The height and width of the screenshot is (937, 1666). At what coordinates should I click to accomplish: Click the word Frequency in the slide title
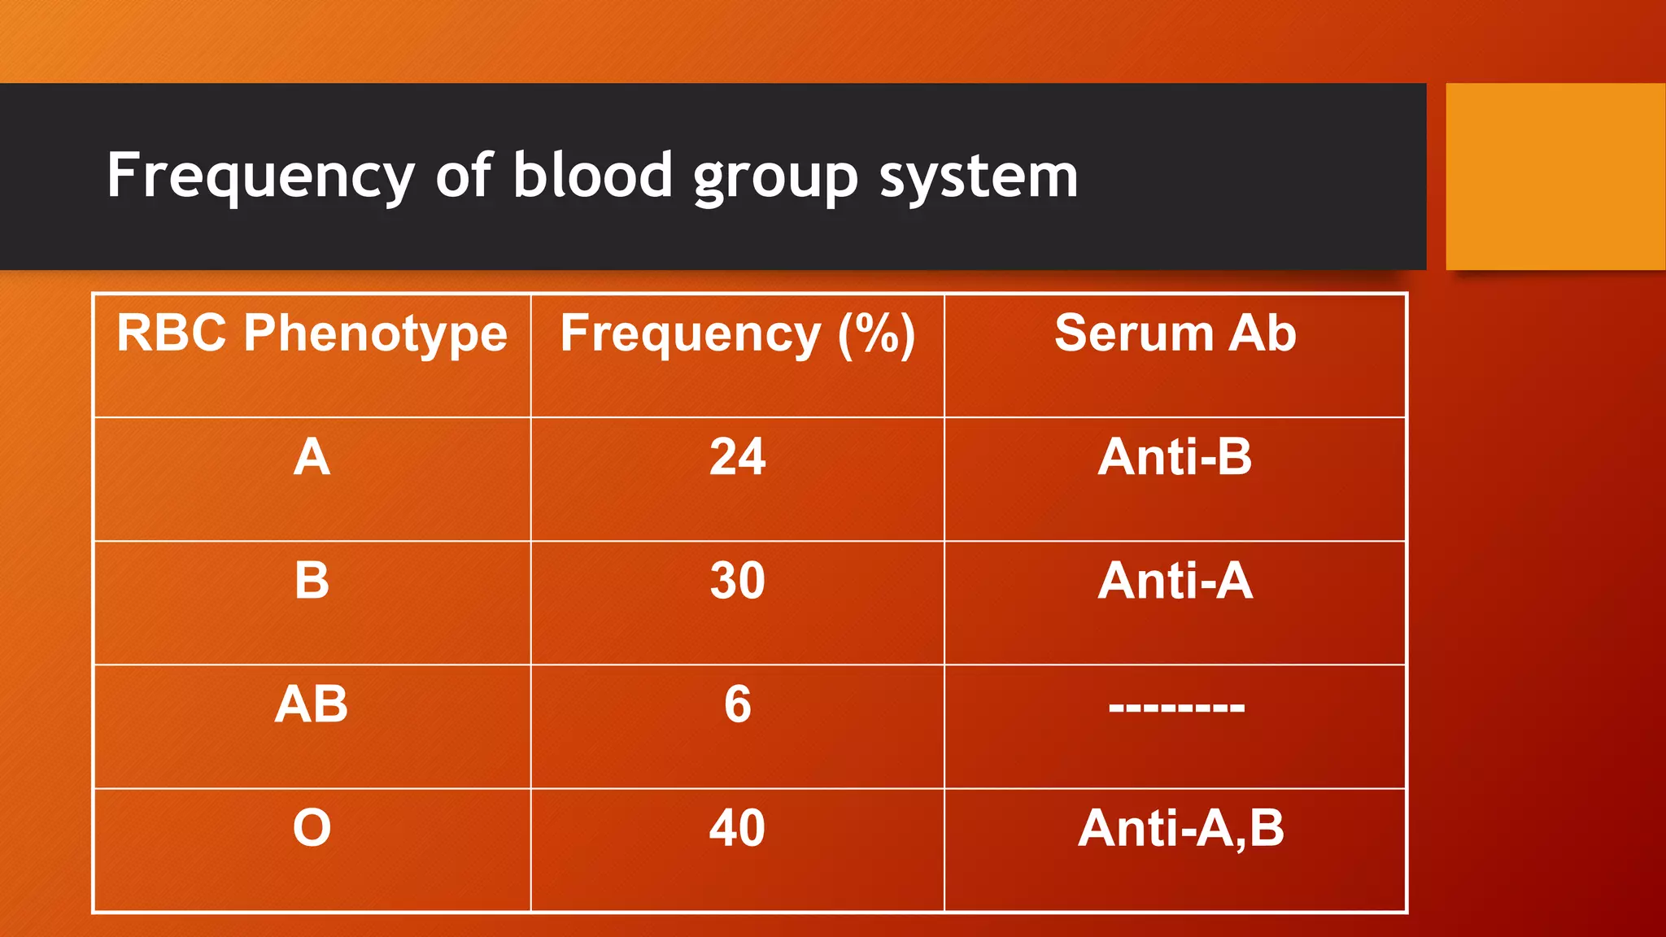point(260,176)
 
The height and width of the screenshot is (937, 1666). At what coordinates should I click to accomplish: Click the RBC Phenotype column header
point(312,333)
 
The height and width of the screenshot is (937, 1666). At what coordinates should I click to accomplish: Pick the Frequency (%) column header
point(737,333)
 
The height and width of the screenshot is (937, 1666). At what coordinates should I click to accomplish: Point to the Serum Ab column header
point(1175,333)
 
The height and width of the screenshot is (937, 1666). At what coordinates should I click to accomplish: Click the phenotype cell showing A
point(312,457)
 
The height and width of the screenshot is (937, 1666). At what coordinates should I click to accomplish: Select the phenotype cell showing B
point(312,581)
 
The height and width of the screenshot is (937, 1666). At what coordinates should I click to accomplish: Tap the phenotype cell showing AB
point(312,704)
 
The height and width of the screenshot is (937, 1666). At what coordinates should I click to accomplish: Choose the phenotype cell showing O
point(312,828)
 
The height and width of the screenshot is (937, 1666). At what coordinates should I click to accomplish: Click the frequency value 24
point(737,457)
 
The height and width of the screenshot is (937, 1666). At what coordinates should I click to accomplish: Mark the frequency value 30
point(737,581)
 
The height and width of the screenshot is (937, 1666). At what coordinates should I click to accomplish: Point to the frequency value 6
point(737,704)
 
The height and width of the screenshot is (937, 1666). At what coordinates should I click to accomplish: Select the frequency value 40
point(737,828)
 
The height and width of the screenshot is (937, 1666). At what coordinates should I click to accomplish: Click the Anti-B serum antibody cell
point(1175,457)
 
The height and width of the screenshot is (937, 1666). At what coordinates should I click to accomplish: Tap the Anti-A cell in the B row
point(1175,581)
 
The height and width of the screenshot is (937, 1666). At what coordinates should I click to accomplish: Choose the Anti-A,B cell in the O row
point(1181,828)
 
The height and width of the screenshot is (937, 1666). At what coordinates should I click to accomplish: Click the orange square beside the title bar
point(1555,176)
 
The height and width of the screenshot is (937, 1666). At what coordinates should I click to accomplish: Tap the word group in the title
point(775,177)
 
